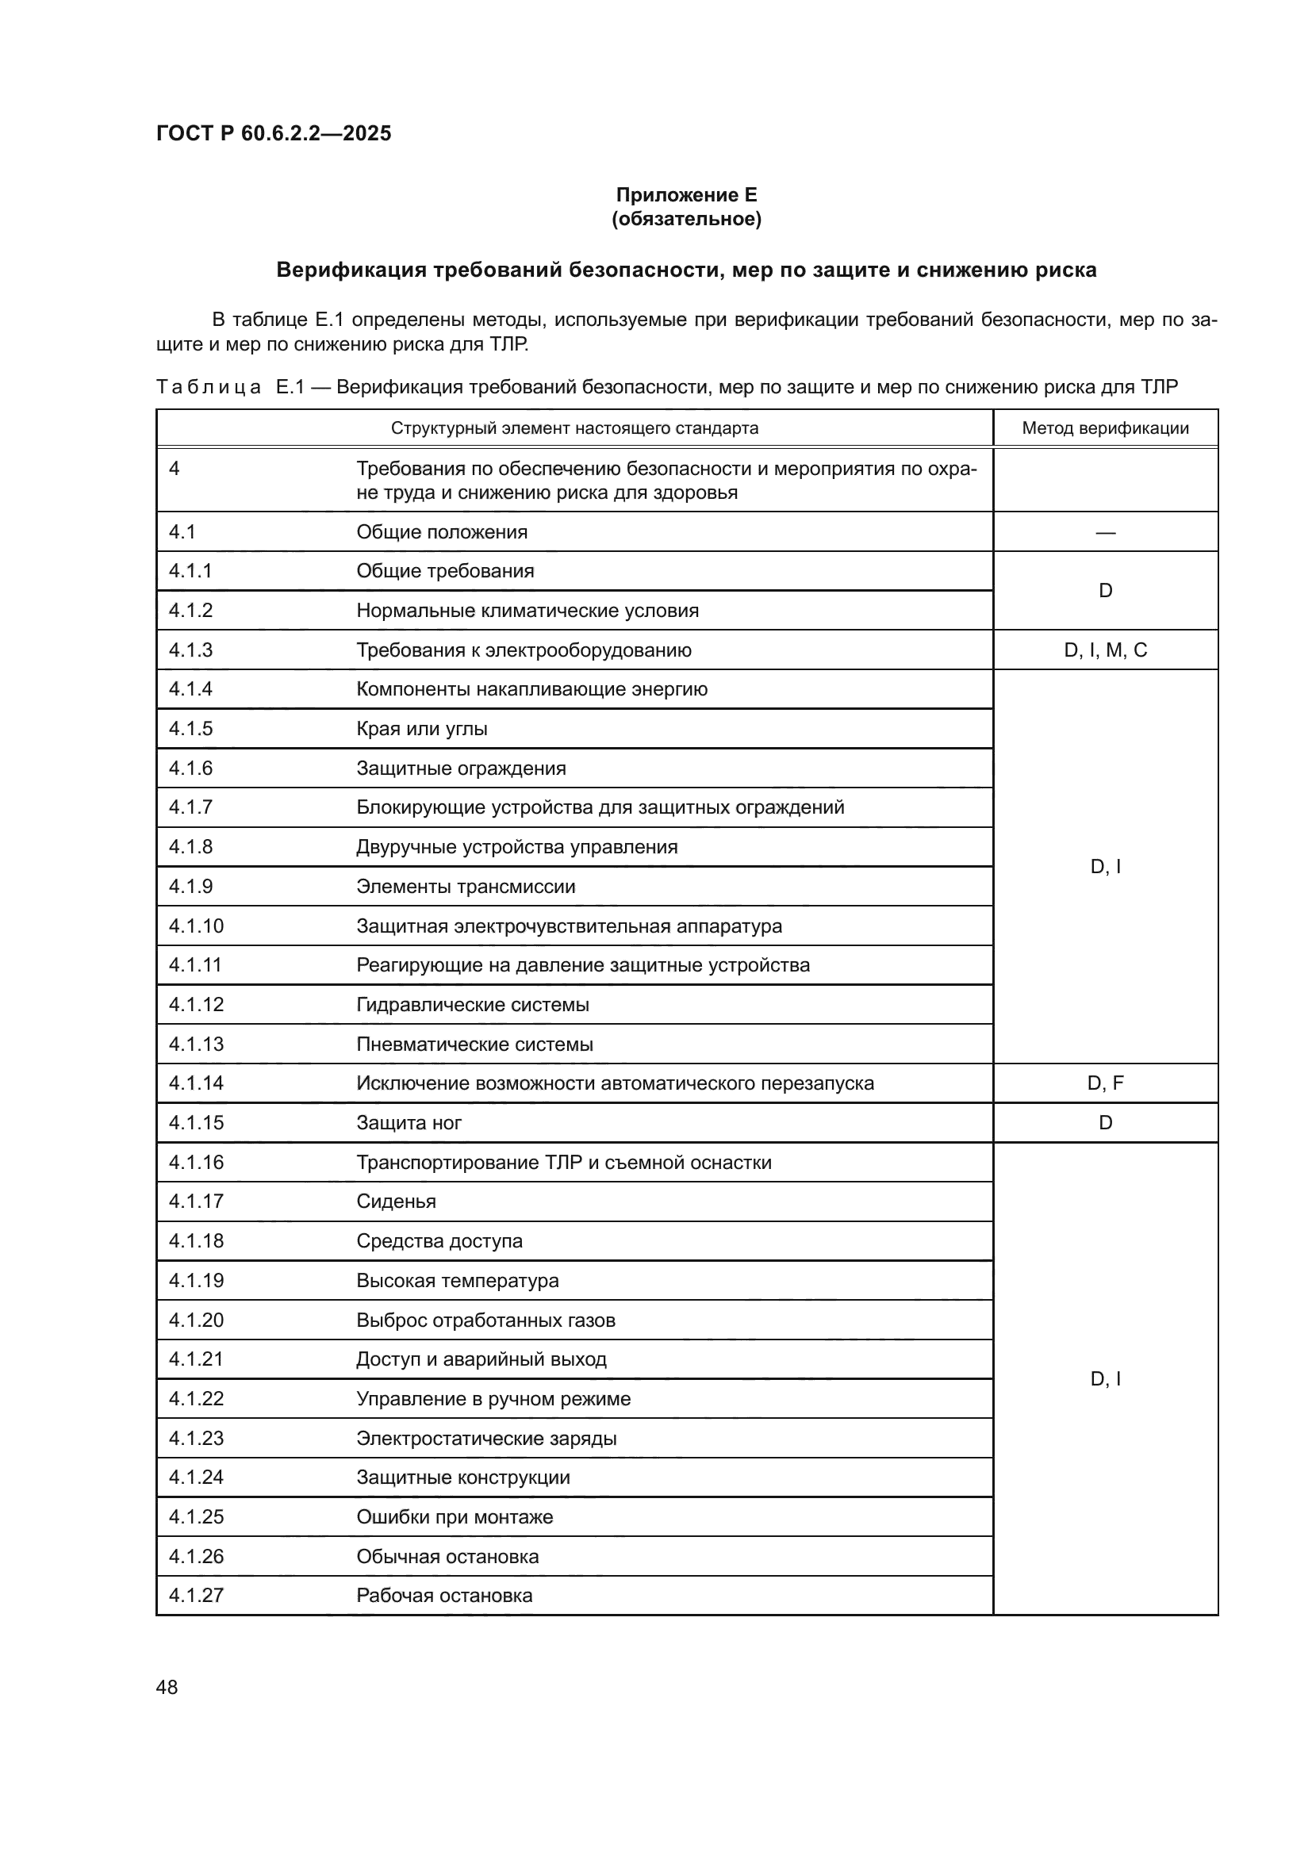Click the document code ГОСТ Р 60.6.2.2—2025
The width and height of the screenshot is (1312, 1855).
(x=273, y=133)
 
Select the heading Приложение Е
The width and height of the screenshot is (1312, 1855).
(x=686, y=195)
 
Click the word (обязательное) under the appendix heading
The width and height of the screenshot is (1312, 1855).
(x=686, y=219)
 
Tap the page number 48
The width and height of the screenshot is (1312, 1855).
(x=167, y=1687)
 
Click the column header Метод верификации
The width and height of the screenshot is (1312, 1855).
(x=1104, y=428)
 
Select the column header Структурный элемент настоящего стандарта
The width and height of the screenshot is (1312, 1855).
(x=574, y=428)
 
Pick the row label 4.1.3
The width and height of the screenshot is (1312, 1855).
(x=190, y=650)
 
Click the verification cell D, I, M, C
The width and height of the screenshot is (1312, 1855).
(x=1104, y=650)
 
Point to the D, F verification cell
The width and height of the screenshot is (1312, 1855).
(x=1104, y=1083)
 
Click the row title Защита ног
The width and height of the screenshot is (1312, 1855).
(x=409, y=1123)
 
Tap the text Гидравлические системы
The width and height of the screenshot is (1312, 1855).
(x=473, y=1005)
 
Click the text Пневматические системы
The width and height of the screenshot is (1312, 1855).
(x=474, y=1044)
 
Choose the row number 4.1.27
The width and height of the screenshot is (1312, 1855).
(x=195, y=1596)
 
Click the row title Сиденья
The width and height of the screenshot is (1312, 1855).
(x=396, y=1202)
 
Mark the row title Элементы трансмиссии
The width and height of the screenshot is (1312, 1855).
(x=466, y=887)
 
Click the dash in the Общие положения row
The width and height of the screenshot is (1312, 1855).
(x=1104, y=532)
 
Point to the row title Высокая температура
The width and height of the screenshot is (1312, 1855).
(x=457, y=1281)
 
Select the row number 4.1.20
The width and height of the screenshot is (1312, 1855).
(x=195, y=1320)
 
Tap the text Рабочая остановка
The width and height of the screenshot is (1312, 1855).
(x=444, y=1596)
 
